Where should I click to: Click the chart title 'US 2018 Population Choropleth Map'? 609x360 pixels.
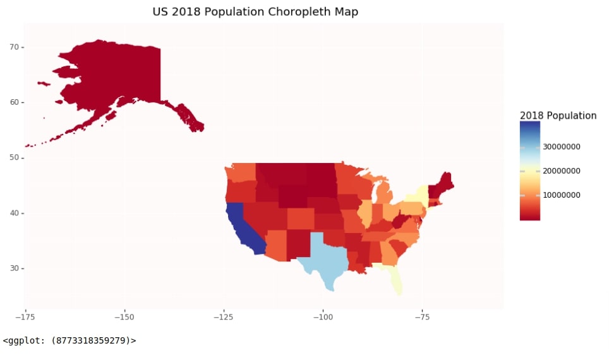coord(255,12)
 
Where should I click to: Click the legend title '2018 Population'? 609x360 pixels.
coord(558,116)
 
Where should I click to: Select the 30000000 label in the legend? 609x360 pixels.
coord(562,147)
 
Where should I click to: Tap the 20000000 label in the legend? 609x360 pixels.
coord(562,171)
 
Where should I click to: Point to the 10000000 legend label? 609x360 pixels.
coord(562,195)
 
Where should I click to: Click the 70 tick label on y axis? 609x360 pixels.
coord(13,47)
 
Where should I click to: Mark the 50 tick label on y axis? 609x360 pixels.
coord(13,158)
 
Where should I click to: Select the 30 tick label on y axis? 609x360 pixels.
coord(13,268)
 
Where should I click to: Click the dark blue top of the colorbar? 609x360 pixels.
coord(529,126)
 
